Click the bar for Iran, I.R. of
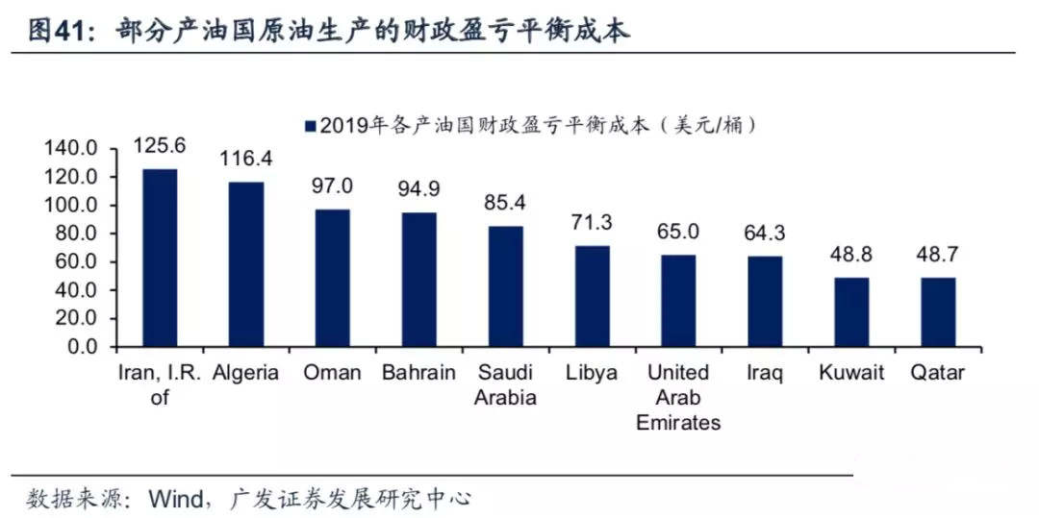pyautogui.click(x=160, y=258)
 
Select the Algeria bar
pyautogui.click(x=246, y=264)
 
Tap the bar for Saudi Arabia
pyautogui.click(x=506, y=286)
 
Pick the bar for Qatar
pyautogui.click(x=938, y=312)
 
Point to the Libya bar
pyautogui.click(x=592, y=296)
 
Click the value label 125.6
pyautogui.click(x=160, y=145)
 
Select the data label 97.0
pyautogui.click(x=333, y=185)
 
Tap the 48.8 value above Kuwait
pyautogui.click(x=851, y=254)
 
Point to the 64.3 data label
pyautogui.click(x=765, y=233)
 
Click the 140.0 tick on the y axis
pyautogui.click(x=71, y=149)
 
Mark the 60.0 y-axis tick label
pyautogui.click(x=76, y=262)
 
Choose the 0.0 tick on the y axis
pyautogui.click(x=82, y=347)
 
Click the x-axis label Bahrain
pyautogui.click(x=418, y=373)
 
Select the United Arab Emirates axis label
pyautogui.click(x=678, y=397)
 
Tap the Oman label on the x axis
pyautogui.click(x=332, y=373)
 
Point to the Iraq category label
pyautogui.click(x=765, y=374)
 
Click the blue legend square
pyautogui.click(x=310, y=126)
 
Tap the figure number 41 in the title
pyautogui.click(x=69, y=32)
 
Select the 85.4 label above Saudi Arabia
pyautogui.click(x=505, y=203)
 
